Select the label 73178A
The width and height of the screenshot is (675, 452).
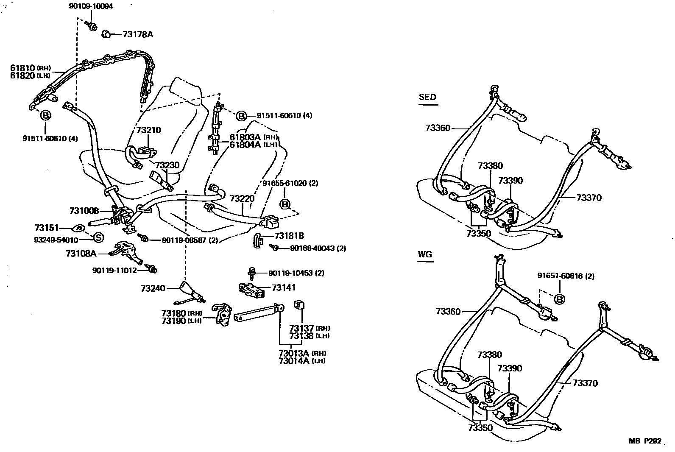138,34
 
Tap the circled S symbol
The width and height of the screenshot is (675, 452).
98,237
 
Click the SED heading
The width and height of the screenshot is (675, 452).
427,97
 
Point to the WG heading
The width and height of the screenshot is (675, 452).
424,254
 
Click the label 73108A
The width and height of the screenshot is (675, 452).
81,254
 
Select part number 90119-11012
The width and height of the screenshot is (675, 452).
114,270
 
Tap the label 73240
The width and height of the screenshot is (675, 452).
153,288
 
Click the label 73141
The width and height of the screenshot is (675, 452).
284,287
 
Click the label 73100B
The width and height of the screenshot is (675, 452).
84,211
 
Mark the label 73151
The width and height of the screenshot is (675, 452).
47,228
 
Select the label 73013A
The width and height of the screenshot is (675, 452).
295,353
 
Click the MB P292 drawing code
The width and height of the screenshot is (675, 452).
644,441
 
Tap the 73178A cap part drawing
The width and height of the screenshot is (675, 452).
106,34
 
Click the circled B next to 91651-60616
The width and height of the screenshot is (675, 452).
560,299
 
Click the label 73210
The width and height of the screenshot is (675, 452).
148,130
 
